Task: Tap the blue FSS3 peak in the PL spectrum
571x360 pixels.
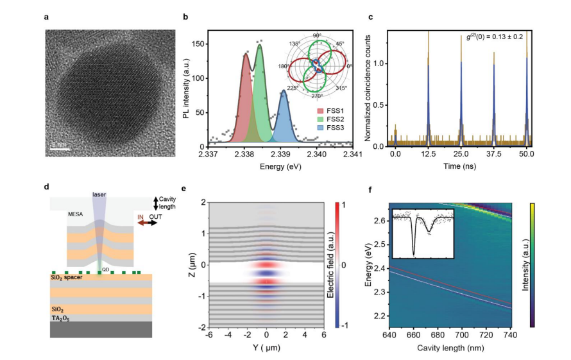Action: click(x=283, y=116)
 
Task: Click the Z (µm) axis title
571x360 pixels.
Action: click(x=192, y=265)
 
